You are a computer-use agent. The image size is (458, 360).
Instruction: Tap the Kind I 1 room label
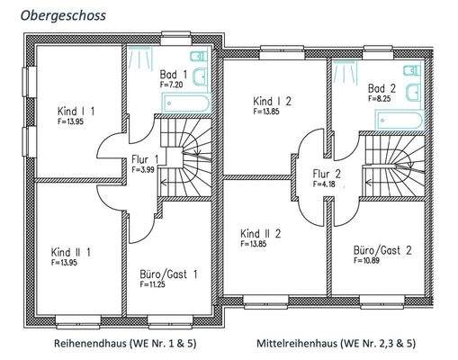coord(76,111)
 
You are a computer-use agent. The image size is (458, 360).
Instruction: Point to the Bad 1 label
coord(174,75)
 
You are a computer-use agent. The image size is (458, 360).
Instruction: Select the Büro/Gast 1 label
coord(169,273)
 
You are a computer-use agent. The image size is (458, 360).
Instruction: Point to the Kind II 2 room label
coord(261,234)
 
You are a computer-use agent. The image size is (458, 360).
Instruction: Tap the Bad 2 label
coord(382,89)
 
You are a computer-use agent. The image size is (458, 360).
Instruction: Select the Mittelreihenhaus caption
coord(336,343)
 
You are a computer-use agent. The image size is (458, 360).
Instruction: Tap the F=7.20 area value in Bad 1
coord(171,84)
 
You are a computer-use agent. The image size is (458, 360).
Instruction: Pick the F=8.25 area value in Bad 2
coord(380,99)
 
